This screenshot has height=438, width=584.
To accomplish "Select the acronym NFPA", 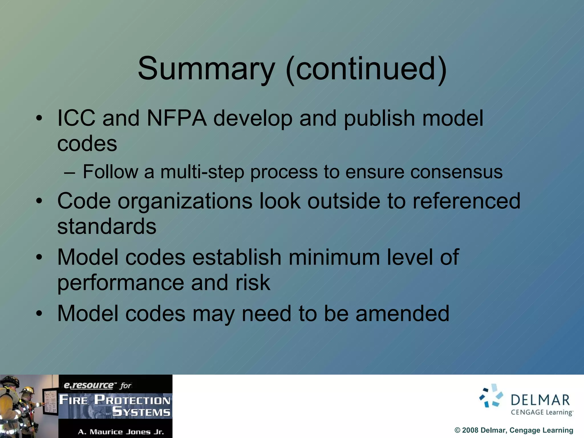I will (x=177, y=118).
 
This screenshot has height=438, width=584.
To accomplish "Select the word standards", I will (x=107, y=226).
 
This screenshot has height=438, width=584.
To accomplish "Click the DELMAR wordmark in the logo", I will (x=540, y=400).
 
